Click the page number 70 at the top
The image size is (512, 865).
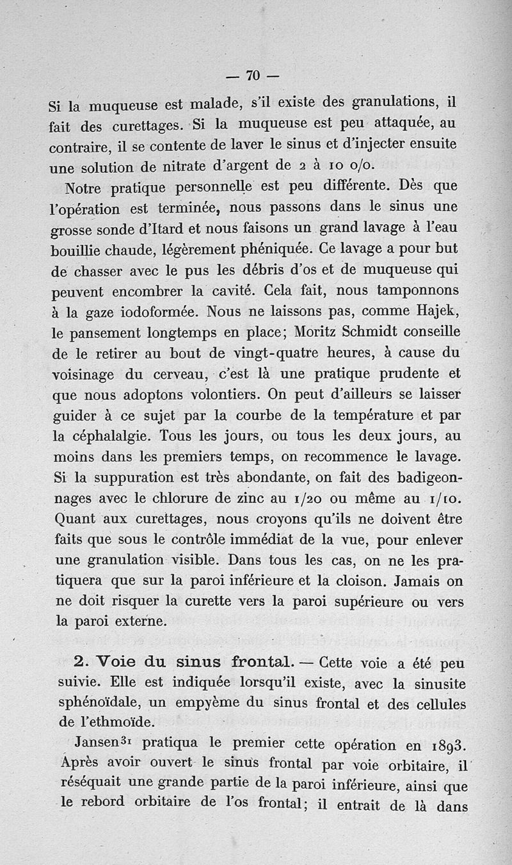[x=253, y=76]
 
